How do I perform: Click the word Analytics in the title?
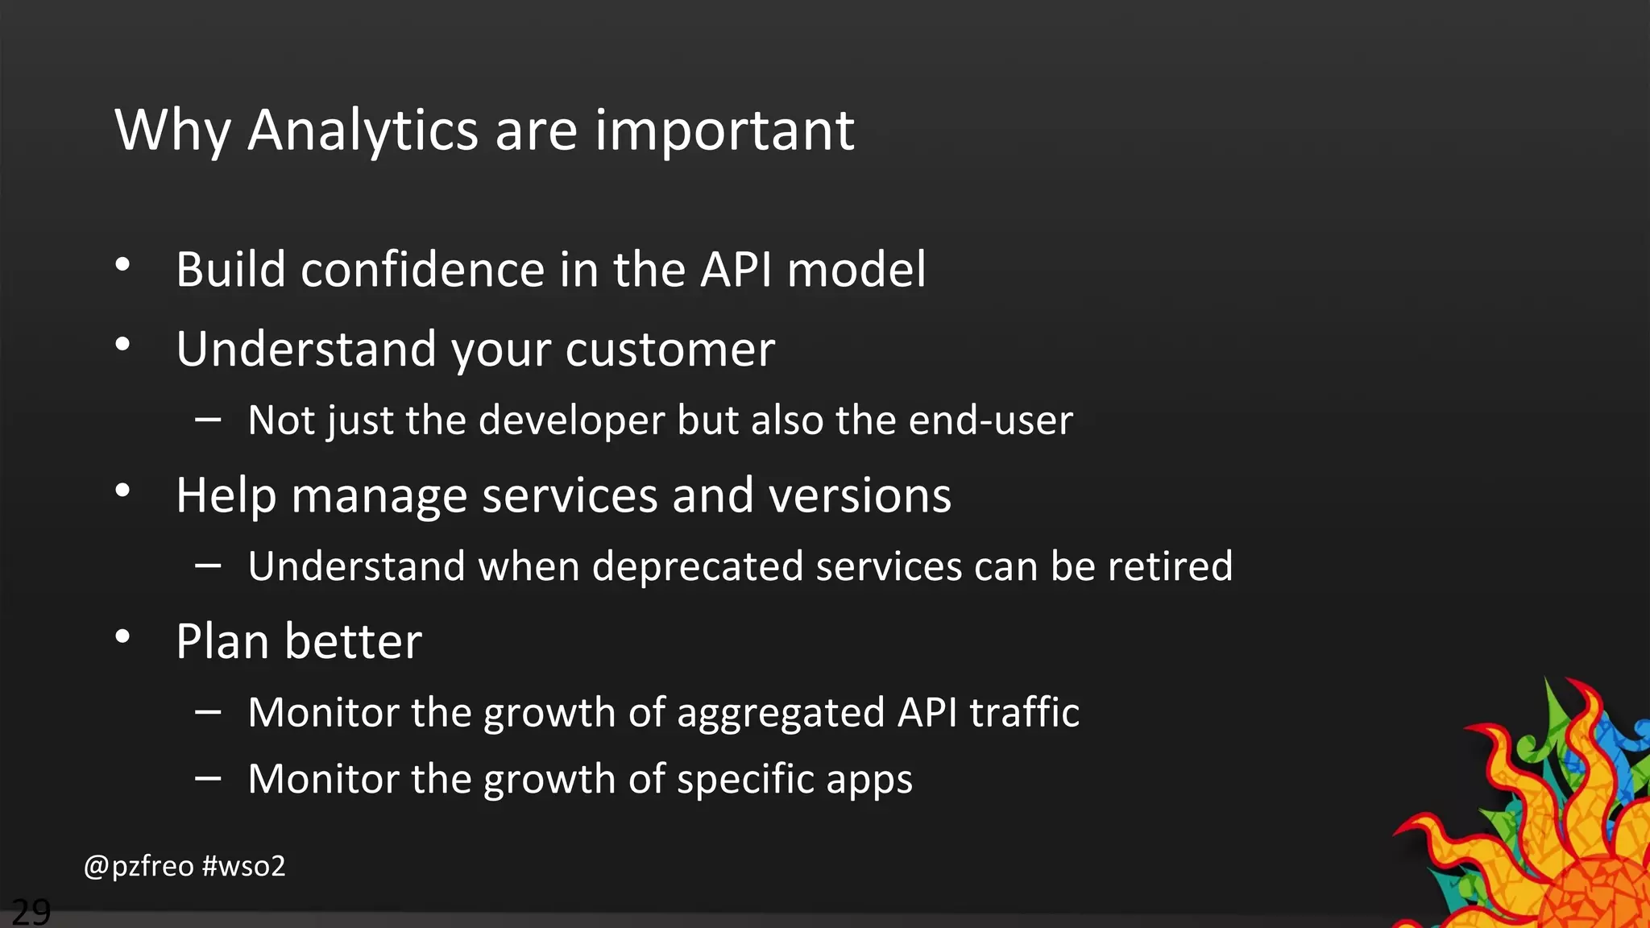363,130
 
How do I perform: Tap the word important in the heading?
724,130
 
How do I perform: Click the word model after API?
856,269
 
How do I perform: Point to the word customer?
670,350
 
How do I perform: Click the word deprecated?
697,566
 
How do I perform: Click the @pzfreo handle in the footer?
139,866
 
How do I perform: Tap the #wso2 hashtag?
243,866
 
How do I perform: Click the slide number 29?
31,912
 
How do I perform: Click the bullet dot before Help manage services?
122,491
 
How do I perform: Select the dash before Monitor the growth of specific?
208,778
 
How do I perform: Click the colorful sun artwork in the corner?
1547,822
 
